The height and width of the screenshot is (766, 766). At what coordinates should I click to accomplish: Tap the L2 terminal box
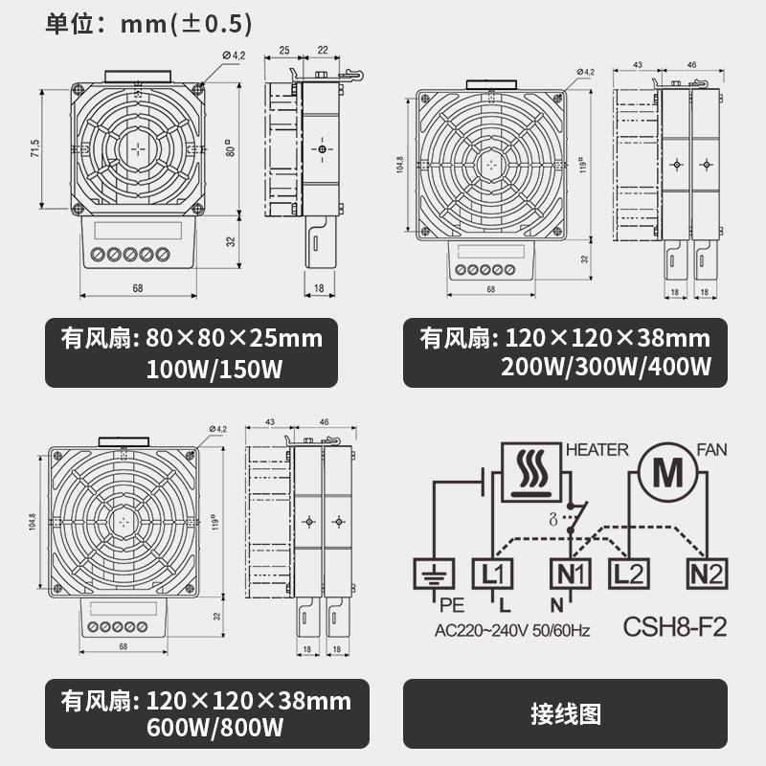click(627, 574)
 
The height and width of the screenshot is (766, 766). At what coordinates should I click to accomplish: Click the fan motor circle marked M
click(662, 473)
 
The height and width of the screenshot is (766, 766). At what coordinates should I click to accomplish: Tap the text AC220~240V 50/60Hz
click(511, 631)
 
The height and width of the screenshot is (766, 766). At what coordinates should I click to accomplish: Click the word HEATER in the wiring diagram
click(597, 449)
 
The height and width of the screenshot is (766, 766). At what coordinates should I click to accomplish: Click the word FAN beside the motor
click(712, 449)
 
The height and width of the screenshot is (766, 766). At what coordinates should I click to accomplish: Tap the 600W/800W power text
click(214, 728)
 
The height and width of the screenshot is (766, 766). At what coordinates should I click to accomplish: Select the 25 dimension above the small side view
click(284, 50)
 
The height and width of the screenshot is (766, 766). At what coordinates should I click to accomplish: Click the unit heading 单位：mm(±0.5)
click(149, 23)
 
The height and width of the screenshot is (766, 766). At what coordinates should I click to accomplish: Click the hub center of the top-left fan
click(138, 149)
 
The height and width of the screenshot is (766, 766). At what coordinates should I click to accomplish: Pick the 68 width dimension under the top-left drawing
click(138, 287)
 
